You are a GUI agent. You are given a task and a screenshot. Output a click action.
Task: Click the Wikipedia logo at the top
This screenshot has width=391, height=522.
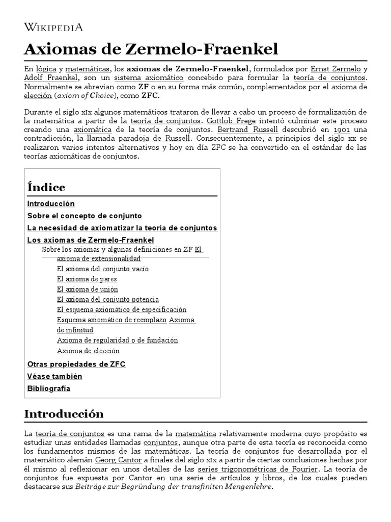(x=53, y=28)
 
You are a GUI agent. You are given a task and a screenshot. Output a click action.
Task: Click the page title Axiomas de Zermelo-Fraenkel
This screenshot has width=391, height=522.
(x=151, y=49)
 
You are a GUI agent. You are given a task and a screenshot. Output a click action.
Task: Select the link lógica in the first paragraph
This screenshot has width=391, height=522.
(x=46, y=68)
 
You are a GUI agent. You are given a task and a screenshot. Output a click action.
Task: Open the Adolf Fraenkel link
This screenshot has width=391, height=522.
(x=51, y=77)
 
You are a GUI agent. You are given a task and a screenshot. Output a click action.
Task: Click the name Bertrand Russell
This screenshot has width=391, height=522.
(x=247, y=129)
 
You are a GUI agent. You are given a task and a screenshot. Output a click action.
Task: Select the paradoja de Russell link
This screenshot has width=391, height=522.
(x=147, y=138)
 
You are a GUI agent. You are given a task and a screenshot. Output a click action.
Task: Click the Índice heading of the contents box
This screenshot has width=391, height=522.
(x=46, y=187)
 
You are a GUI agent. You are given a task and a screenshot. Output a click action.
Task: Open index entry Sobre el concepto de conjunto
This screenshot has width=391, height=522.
(x=85, y=216)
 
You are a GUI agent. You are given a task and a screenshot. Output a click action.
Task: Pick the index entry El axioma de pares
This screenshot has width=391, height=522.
(x=87, y=279)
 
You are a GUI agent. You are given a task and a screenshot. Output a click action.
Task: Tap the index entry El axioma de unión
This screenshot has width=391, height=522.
(x=88, y=289)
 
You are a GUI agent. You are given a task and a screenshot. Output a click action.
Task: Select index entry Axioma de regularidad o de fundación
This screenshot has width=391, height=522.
(x=117, y=340)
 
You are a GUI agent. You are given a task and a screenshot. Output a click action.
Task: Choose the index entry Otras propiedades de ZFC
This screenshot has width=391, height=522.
(x=76, y=364)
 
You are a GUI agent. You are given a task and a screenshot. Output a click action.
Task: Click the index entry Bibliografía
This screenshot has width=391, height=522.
(x=48, y=388)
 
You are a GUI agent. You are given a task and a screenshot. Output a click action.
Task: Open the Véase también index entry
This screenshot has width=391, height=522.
(x=54, y=376)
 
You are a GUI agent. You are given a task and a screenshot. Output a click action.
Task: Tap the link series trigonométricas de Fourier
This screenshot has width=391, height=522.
(x=258, y=469)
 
